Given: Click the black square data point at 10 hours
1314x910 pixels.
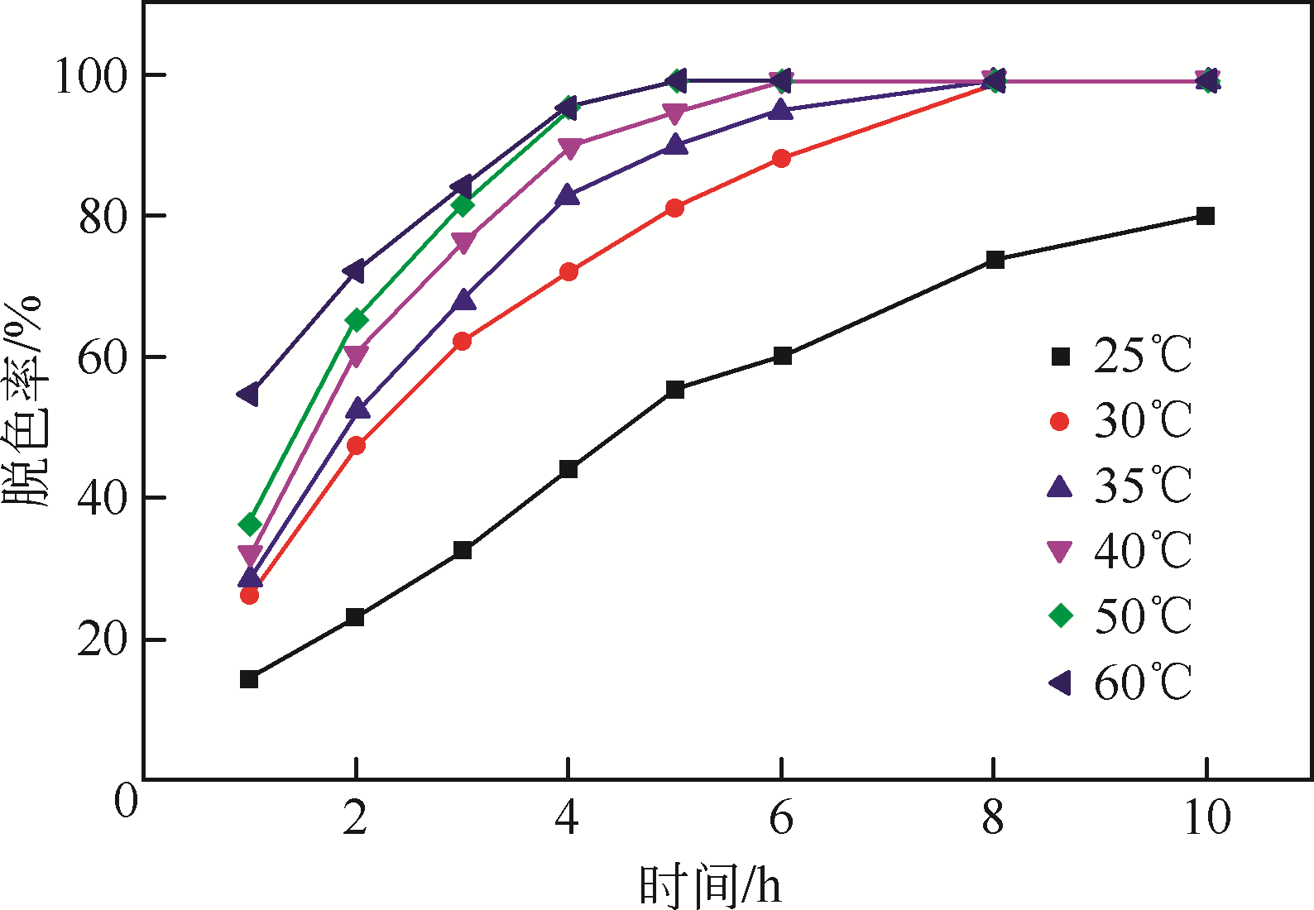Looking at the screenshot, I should pos(1206,216).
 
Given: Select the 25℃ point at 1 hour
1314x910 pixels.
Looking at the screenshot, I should pos(249,679).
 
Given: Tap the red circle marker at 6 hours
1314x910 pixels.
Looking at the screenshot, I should pos(781,158).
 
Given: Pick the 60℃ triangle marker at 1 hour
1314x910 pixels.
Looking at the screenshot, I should pos(247,394).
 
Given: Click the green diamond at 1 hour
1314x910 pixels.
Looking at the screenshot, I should pos(250,524).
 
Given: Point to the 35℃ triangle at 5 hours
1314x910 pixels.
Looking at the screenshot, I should pos(675,145).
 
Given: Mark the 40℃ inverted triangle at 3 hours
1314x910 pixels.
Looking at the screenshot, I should pos(463,242).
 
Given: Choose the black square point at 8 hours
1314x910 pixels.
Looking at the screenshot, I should pos(995,260).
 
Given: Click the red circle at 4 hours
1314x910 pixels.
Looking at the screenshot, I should pos(568,271).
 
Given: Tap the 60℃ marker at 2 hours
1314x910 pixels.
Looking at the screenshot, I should pos(354,271).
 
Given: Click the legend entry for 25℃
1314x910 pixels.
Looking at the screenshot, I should pos(1120,357).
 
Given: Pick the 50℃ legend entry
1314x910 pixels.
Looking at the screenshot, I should pos(1120,616).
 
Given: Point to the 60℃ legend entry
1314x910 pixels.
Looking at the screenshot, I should pos(1120,682).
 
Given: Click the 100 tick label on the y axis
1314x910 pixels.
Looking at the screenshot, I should pos(92,76).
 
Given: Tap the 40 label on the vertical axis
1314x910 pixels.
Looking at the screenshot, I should pos(103,499).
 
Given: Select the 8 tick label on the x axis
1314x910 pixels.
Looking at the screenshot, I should pos(993,818).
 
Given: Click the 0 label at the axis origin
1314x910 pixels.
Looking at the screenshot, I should pos(126,801).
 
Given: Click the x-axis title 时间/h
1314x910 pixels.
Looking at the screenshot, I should pos(710,885).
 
